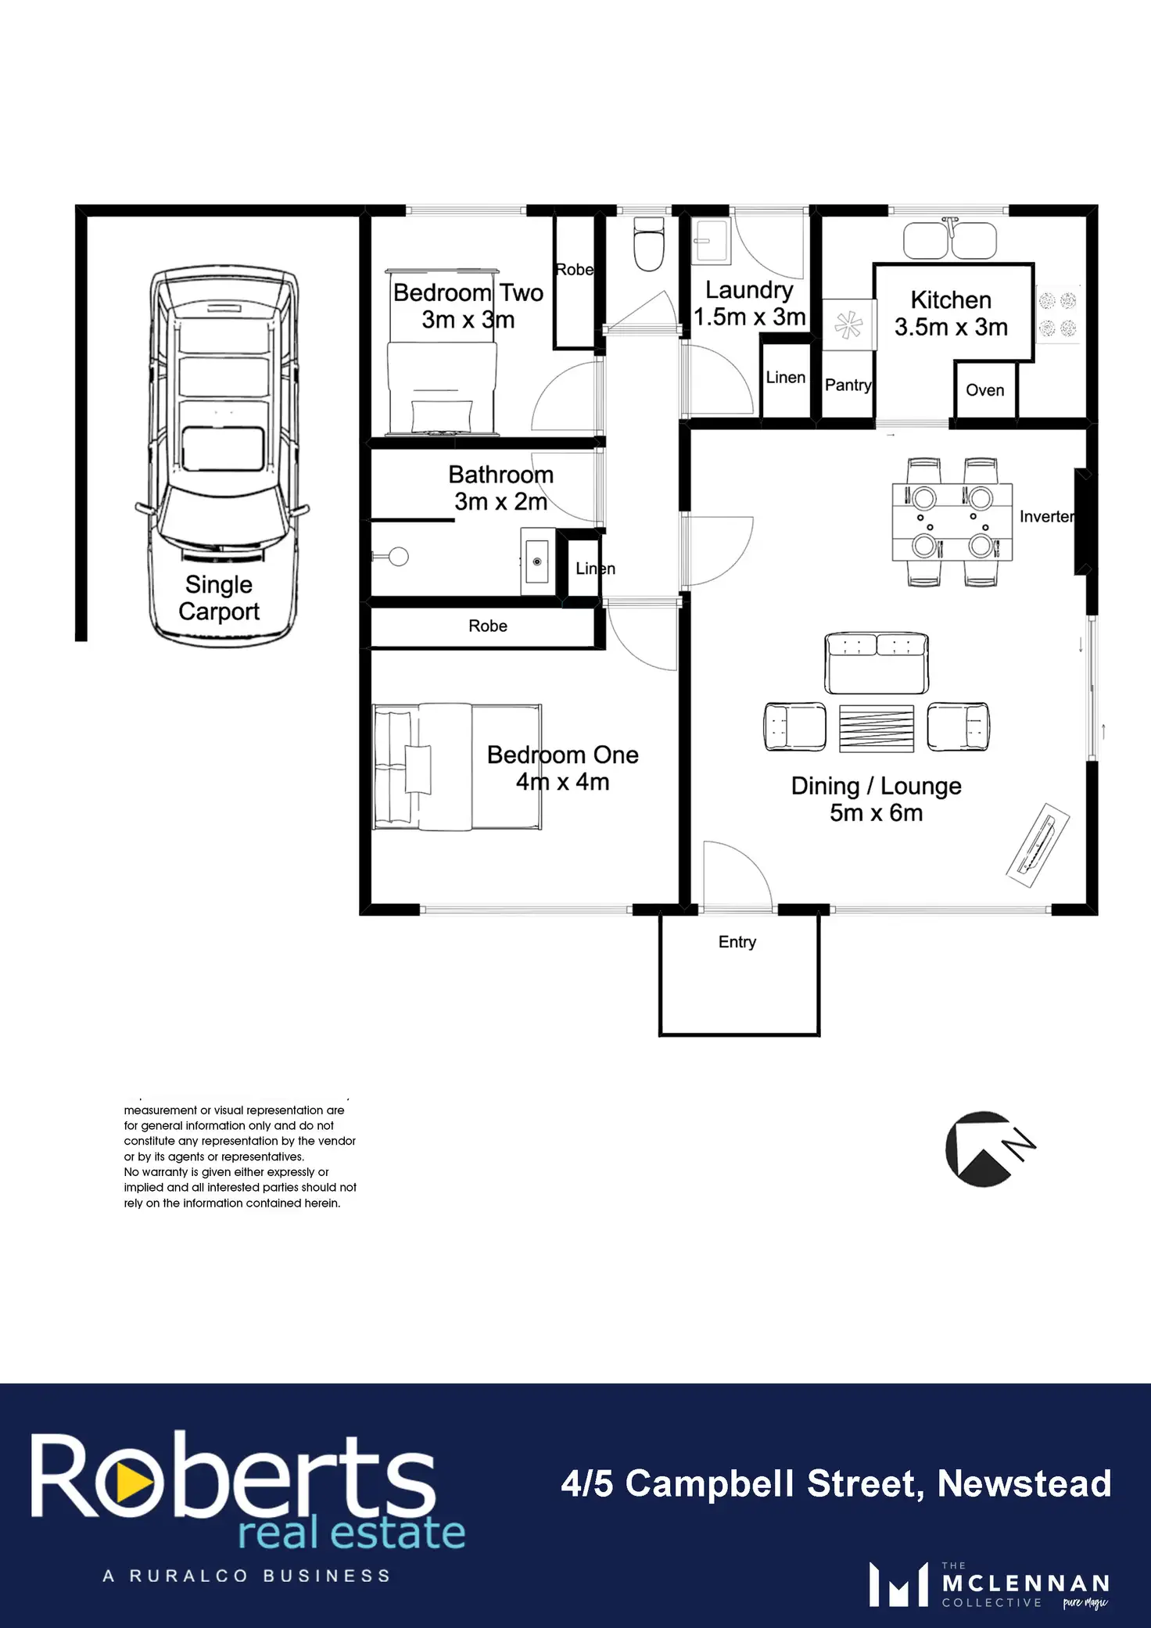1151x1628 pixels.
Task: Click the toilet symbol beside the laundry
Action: [x=648, y=244]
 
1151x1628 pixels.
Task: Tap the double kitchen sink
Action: [x=950, y=239]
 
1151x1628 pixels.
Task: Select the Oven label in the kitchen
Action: [x=985, y=390]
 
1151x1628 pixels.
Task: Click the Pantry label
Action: [x=848, y=385]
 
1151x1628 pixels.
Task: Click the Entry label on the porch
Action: [x=737, y=942]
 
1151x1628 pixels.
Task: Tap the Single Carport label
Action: [x=219, y=598]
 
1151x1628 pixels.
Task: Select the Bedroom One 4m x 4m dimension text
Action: [x=563, y=782]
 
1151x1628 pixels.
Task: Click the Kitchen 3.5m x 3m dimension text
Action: [x=952, y=327]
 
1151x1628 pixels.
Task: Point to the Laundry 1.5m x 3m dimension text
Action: [x=750, y=317]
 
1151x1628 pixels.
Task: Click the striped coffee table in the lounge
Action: [x=877, y=729]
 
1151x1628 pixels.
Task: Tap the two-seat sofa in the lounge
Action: [x=877, y=663]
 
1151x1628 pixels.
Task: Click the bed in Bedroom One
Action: [x=457, y=766]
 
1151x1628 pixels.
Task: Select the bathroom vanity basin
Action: [x=537, y=561]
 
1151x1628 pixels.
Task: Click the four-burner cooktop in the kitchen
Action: [x=1058, y=314]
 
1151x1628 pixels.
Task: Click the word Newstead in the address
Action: [x=1024, y=1483]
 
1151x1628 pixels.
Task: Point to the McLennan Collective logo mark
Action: [x=898, y=1584]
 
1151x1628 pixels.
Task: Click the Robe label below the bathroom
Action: [x=488, y=626]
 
